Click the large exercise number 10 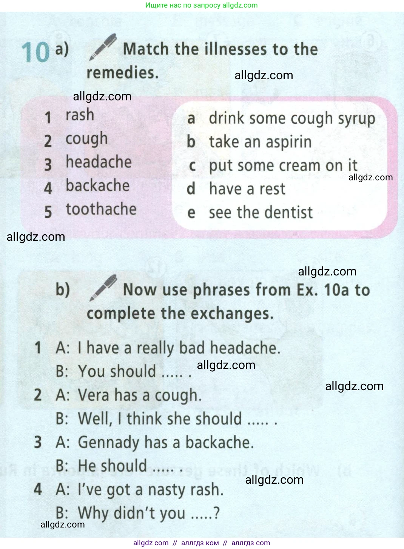point(35,52)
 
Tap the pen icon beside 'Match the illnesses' point(103,47)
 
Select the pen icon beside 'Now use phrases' point(103,288)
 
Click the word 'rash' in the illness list point(80,115)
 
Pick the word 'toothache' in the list point(101,209)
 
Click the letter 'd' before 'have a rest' point(191,189)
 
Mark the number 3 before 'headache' point(48,164)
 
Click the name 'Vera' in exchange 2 point(94,395)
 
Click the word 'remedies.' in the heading point(123,72)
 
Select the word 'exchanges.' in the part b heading point(232,314)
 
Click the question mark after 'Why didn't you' point(216,513)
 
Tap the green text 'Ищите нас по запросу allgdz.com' point(201,5)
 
